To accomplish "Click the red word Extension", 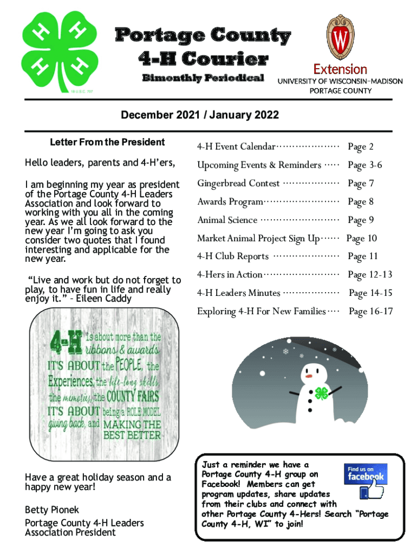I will point(340,69).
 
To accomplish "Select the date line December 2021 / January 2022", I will point(200,115).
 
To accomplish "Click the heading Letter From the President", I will point(107,142).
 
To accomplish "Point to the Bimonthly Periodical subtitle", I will point(203,78).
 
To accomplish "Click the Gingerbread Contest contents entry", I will point(238,183).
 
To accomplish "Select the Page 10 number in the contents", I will point(361,239).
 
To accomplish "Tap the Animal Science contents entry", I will point(227,220).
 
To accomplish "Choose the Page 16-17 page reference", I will point(370,312).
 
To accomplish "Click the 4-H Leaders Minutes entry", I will point(238,293).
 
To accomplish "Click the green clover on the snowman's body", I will point(322,393).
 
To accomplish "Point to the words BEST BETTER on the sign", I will point(132,435).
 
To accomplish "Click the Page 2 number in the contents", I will point(360,147).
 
